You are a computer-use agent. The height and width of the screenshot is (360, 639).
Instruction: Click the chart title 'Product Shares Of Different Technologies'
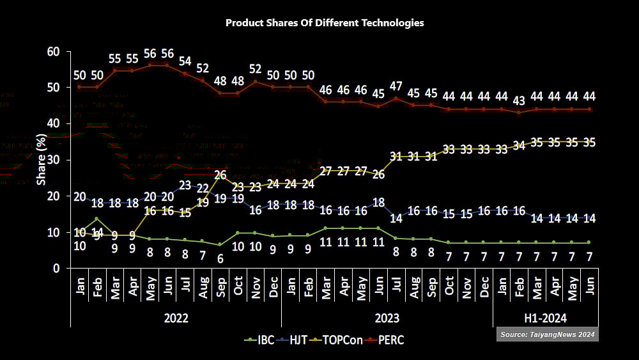[x=325, y=23]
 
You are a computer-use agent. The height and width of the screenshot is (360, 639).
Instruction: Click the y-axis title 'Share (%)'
[x=42, y=160]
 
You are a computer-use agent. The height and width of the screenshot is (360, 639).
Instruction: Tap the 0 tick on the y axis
[x=56, y=269]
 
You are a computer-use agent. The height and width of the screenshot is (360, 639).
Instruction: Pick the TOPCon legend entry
[x=344, y=340]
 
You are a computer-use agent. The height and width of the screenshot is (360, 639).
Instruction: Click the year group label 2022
[x=176, y=318]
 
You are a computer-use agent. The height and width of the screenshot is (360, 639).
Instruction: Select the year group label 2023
[x=387, y=318]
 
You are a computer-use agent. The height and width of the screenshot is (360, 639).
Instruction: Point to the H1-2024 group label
[x=545, y=318]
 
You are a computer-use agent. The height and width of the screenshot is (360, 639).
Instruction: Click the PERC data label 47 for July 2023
[x=396, y=86]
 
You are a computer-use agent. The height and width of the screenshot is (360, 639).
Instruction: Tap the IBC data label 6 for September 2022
[x=220, y=259]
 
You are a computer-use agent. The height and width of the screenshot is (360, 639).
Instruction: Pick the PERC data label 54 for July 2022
[x=185, y=61]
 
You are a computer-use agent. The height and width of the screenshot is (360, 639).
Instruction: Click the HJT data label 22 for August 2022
[x=203, y=188]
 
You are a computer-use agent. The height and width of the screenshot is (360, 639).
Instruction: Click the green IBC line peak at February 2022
[x=97, y=219]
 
